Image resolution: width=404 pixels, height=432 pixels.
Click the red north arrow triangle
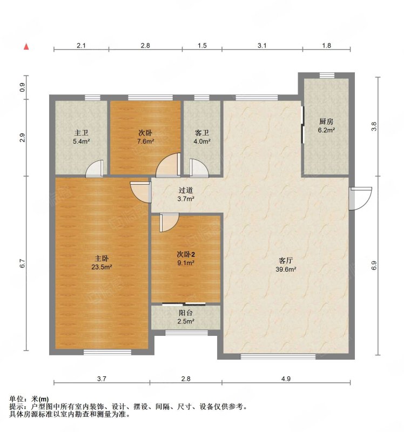tap(26, 46)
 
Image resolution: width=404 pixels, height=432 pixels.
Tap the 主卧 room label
tap(102, 259)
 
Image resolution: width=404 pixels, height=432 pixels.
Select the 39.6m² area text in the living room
tap(286, 269)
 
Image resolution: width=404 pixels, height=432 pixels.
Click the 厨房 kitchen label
tap(326, 121)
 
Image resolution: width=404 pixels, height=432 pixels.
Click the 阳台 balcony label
tap(186, 313)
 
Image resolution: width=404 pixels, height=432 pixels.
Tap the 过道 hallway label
tap(186, 190)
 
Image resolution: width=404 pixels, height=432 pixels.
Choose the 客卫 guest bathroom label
tap(202, 133)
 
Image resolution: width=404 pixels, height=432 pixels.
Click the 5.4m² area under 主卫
tap(82, 141)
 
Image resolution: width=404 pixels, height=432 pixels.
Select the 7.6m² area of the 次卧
tap(146, 141)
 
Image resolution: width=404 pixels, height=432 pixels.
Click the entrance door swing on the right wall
tap(360, 198)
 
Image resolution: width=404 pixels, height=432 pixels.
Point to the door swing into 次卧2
tap(169, 222)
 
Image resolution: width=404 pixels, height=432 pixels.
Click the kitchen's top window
tap(327, 75)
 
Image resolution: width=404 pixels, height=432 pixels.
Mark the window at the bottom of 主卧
tap(107, 352)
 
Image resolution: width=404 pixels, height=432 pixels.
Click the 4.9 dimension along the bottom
tap(286, 379)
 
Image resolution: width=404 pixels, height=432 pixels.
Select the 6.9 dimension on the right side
tap(374, 265)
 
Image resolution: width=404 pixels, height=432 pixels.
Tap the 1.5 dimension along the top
tap(202, 45)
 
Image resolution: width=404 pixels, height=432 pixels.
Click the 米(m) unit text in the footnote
tap(40, 399)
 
